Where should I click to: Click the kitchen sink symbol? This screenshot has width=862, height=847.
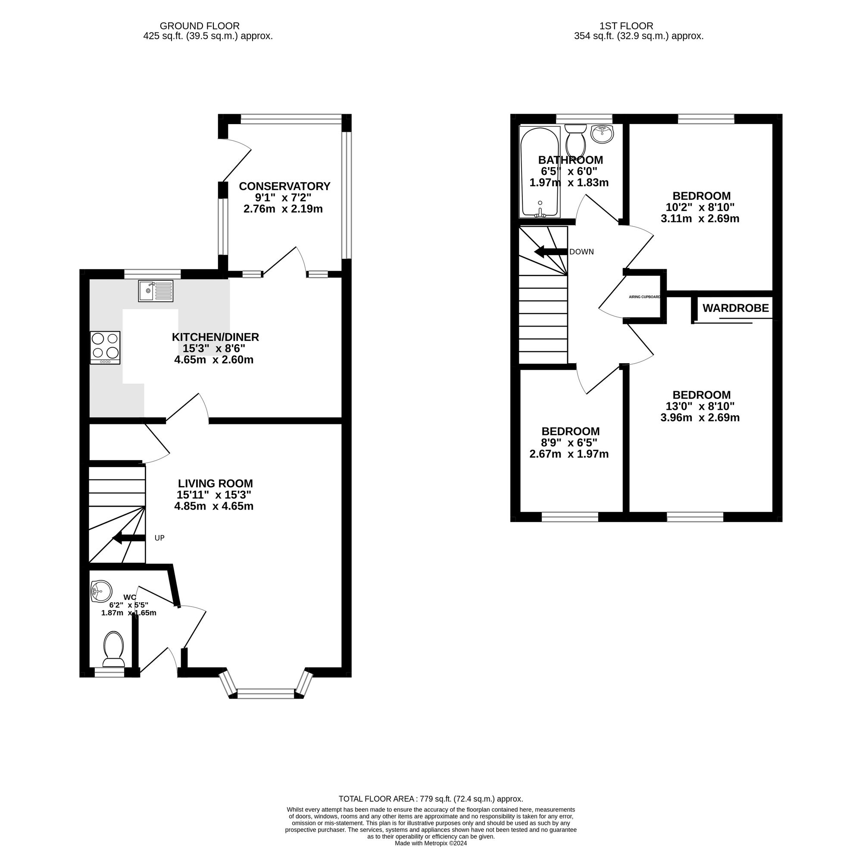tap(155, 290)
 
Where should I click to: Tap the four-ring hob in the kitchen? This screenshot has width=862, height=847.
tap(105, 347)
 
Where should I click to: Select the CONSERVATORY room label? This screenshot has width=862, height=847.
tap(284, 186)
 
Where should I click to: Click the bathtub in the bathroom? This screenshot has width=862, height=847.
tap(539, 173)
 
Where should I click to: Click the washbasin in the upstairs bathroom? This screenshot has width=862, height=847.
tap(602, 134)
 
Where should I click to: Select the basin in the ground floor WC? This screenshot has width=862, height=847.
tap(100, 591)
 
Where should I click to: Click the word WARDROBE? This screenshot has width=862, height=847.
tap(735, 308)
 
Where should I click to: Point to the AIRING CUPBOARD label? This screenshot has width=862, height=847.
tap(644, 297)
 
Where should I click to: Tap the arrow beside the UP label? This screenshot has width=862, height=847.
tap(128, 538)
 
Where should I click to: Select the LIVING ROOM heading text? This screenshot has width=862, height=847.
tap(215, 483)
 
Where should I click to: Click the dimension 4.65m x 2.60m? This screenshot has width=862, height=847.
tap(214, 359)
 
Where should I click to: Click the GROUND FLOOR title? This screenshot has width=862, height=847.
tap(200, 26)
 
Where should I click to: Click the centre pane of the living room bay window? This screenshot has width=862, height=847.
tap(265, 693)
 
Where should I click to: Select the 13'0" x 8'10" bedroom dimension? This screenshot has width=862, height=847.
tap(700, 406)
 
